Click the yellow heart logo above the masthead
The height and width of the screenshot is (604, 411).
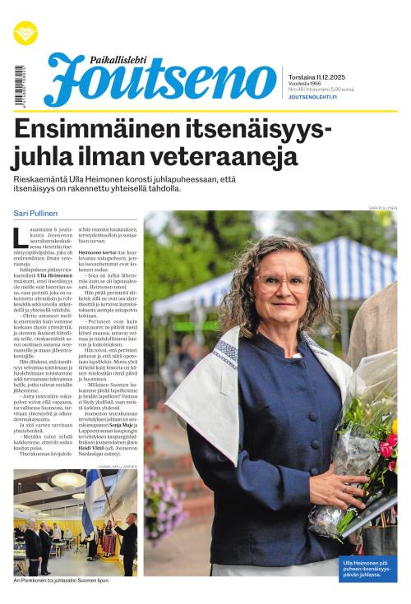[x=25, y=33]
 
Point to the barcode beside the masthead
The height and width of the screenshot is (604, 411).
[x=19, y=85]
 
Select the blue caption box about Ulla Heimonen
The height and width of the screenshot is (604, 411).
[x=368, y=567]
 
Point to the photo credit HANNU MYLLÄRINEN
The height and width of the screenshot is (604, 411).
[x=118, y=465]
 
